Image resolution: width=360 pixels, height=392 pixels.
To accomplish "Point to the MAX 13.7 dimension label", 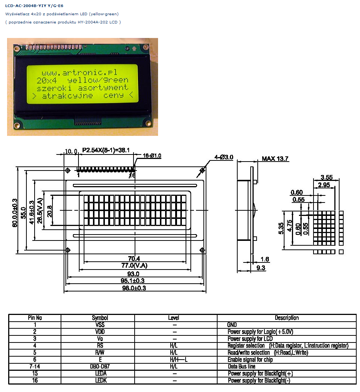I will pyautogui.click(x=275, y=159).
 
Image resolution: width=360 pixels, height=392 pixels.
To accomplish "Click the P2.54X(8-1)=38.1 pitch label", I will pyautogui.click(x=106, y=150).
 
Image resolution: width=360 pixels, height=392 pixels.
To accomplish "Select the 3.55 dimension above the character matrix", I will pyautogui.click(x=327, y=177).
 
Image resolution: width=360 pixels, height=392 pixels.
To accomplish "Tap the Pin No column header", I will pyautogui.click(x=35, y=318).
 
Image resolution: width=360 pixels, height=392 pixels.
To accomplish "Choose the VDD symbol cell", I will pyautogui.click(x=100, y=331).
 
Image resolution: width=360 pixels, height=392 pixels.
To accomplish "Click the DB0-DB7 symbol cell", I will pyautogui.click(x=100, y=366).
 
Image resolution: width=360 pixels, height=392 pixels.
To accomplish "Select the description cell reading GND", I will pyautogui.click(x=232, y=325).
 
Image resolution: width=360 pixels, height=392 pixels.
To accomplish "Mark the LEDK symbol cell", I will pyautogui.click(x=100, y=380).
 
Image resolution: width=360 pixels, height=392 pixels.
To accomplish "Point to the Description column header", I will pyautogui.click(x=287, y=318).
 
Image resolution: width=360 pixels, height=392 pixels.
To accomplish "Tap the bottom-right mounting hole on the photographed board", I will pyautogui.click(x=148, y=123).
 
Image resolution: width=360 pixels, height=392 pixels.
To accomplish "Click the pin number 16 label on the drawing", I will pyautogui.click(x=132, y=175).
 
